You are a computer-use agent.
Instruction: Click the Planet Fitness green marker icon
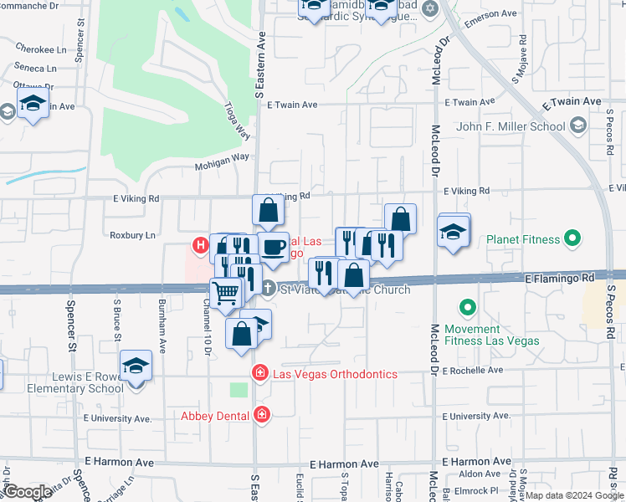point(572,240)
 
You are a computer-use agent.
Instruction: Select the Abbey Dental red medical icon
point(262,415)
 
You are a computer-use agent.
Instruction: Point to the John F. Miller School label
point(510,127)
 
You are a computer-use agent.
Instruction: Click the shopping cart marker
point(225,293)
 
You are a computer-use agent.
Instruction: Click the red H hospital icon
point(200,246)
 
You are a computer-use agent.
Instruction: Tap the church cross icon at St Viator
point(268,289)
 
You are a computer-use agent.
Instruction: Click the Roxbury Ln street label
point(132,235)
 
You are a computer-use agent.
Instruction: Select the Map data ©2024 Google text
point(574,495)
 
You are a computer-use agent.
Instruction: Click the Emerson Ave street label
point(491,14)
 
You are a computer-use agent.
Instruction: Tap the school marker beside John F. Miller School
point(577,126)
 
